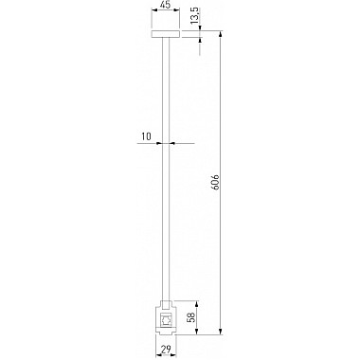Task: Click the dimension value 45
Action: point(165,5)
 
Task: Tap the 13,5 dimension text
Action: point(195,16)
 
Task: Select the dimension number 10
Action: point(146,136)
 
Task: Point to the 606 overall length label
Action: point(215,182)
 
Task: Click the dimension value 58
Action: point(191,317)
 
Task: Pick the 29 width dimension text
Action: point(166,349)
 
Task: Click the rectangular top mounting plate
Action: point(166,34)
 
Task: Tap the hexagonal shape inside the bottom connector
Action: point(166,320)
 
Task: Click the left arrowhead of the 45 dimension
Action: point(154,10)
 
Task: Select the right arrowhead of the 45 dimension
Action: point(177,10)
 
